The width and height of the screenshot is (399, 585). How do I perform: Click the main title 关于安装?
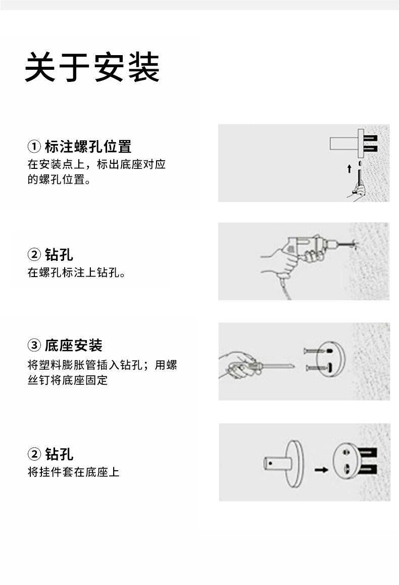[92, 67]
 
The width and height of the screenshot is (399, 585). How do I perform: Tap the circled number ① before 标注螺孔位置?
[34, 148]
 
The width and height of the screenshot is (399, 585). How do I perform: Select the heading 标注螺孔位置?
[88, 148]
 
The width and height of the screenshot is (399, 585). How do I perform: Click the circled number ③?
[34, 346]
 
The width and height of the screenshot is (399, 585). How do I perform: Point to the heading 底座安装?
[73, 346]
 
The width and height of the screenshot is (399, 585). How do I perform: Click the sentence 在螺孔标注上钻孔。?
[76, 273]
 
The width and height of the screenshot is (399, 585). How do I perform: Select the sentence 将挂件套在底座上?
[73, 473]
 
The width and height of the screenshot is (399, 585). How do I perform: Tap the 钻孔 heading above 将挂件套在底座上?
[59, 454]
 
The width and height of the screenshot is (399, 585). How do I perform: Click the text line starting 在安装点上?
[96, 165]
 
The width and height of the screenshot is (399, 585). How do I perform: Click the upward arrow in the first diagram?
[348, 168]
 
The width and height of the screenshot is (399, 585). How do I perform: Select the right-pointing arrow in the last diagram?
[321, 470]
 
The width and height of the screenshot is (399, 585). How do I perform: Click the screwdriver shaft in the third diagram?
[278, 366]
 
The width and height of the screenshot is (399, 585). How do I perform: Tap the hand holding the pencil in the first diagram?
[359, 191]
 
